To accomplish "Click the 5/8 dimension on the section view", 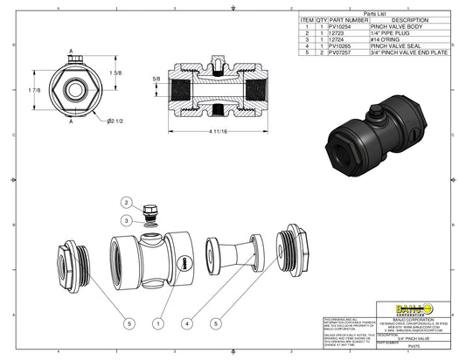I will (x=156, y=80).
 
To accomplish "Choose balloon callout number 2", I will (x=126, y=203).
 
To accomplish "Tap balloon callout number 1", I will (x=157, y=322).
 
